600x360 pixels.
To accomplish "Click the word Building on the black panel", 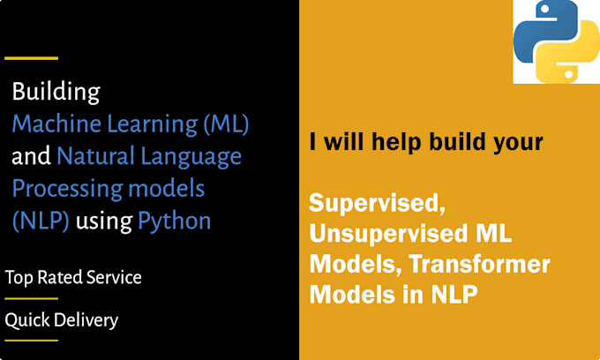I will [x=55, y=93].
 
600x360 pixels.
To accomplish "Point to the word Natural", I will [x=94, y=157].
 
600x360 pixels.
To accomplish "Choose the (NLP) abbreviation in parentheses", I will [x=41, y=221].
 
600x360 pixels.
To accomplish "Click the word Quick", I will [x=27, y=320].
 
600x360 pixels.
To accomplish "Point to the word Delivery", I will [x=86, y=320].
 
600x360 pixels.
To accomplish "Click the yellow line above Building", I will [x=31, y=58].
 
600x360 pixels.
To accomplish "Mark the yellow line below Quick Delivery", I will [x=31, y=341].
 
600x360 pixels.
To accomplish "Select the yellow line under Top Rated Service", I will [x=31, y=298].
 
